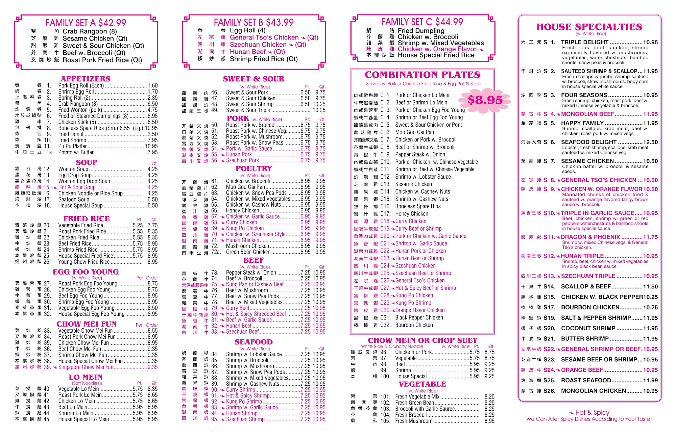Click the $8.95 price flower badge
[485, 100]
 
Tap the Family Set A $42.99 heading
[86, 23]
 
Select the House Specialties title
[589, 27]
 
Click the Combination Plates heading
[422, 75]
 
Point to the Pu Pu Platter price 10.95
[151, 146]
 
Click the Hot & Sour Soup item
[77, 187]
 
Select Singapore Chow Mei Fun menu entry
[86, 367]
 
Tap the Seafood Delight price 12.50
[650, 142]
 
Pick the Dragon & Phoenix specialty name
[590, 237]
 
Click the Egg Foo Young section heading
[86, 272]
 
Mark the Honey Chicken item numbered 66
[242, 211]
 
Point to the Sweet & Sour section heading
[254, 79]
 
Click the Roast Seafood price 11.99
[650, 380]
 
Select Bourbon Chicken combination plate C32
[414, 325]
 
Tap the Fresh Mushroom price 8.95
[489, 421]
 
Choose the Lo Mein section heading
[86, 377]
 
